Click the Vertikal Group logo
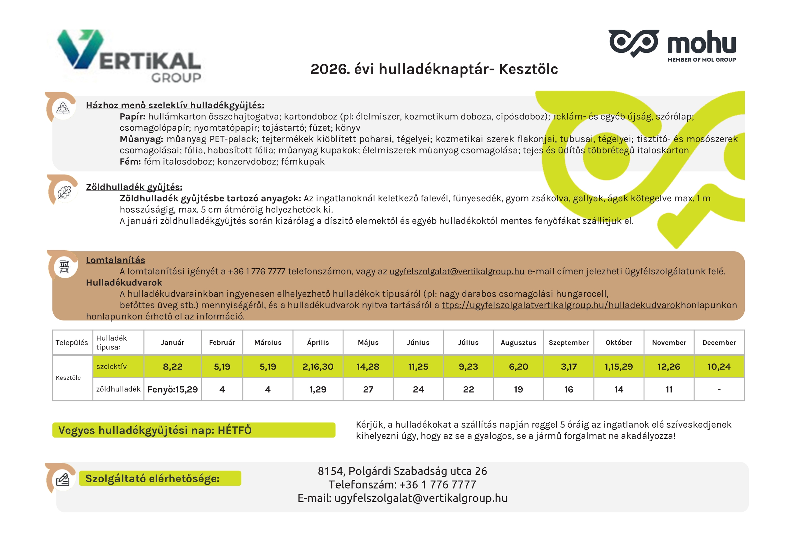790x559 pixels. pyautogui.click(x=129, y=56)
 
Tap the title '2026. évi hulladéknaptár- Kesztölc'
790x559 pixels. pyautogui.click(x=434, y=69)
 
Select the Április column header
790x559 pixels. pyautogui.click(x=318, y=342)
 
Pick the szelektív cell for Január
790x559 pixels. pyautogui.click(x=173, y=366)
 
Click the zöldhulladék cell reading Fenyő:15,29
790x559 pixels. pyautogui.click(x=173, y=389)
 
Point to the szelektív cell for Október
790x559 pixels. pyautogui.click(x=619, y=366)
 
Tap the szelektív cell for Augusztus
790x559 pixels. pyautogui.click(x=518, y=366)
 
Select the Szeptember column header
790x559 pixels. pyautogui.click(x=568, y=342)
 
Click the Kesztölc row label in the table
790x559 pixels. pyautogui.click(x=69, y=378)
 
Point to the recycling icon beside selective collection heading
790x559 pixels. pyautogui.click(x=63, y=108)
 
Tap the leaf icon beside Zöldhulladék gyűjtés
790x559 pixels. pyautogui.click(x=64, y=192)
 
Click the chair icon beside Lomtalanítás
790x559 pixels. pyautogui.click(x=64, y=266)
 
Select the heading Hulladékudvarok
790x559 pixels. pyautogui.click(x=124, y=282)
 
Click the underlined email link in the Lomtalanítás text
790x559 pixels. pyautogui.click(x=456, y=271)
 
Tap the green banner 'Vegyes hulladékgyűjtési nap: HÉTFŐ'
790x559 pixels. pyautogui.click(x=193, y=430)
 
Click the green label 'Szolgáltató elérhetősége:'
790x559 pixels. pyautogui.click(x=160, y=478)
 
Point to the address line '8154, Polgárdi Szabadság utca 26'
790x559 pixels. pyautogui.click(x=402, y=471)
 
